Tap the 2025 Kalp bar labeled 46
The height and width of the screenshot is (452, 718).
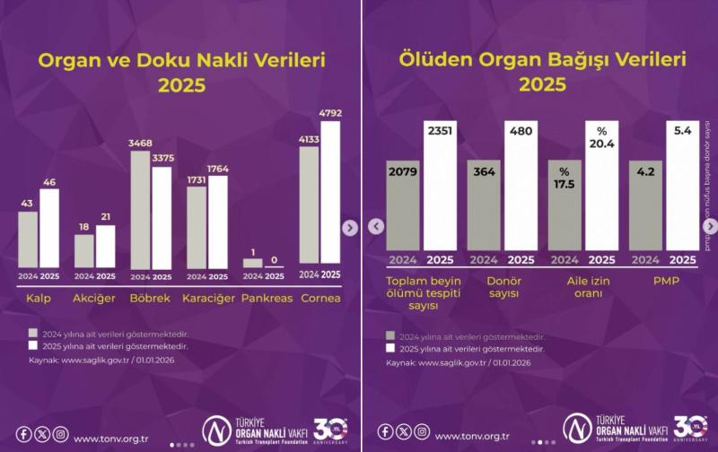50,228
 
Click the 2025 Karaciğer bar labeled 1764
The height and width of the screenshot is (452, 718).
218,222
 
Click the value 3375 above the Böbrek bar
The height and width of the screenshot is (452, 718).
162,159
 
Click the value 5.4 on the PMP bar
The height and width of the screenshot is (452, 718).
682,131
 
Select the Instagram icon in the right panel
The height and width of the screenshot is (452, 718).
421,431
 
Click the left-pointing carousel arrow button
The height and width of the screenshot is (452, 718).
376,226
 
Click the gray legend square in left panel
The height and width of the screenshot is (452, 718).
33,331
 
